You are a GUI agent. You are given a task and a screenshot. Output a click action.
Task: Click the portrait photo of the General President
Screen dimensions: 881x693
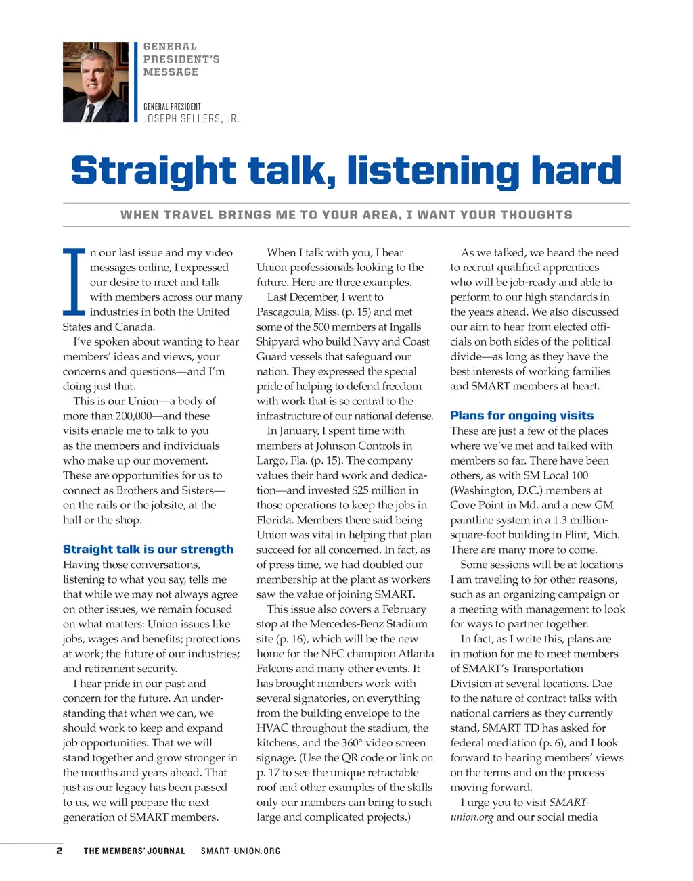tap(95, 82)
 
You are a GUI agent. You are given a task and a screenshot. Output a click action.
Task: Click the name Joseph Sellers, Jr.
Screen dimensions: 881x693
tap(191, 119)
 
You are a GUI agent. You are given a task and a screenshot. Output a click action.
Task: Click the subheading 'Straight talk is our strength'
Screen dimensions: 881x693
tap(148, 549)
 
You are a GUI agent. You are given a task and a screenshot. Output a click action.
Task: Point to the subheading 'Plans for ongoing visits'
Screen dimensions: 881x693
tap(522, 416)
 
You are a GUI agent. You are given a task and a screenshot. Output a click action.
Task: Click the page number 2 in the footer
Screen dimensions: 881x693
tap(60, 851)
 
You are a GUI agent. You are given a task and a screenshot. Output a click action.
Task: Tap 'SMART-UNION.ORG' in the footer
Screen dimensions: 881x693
tap(240, 851)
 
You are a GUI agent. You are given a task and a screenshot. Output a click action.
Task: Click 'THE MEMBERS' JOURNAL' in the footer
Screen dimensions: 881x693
tap(134, 851)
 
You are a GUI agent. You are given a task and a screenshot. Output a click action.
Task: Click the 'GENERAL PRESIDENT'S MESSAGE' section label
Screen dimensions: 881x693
tap(181, 59)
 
